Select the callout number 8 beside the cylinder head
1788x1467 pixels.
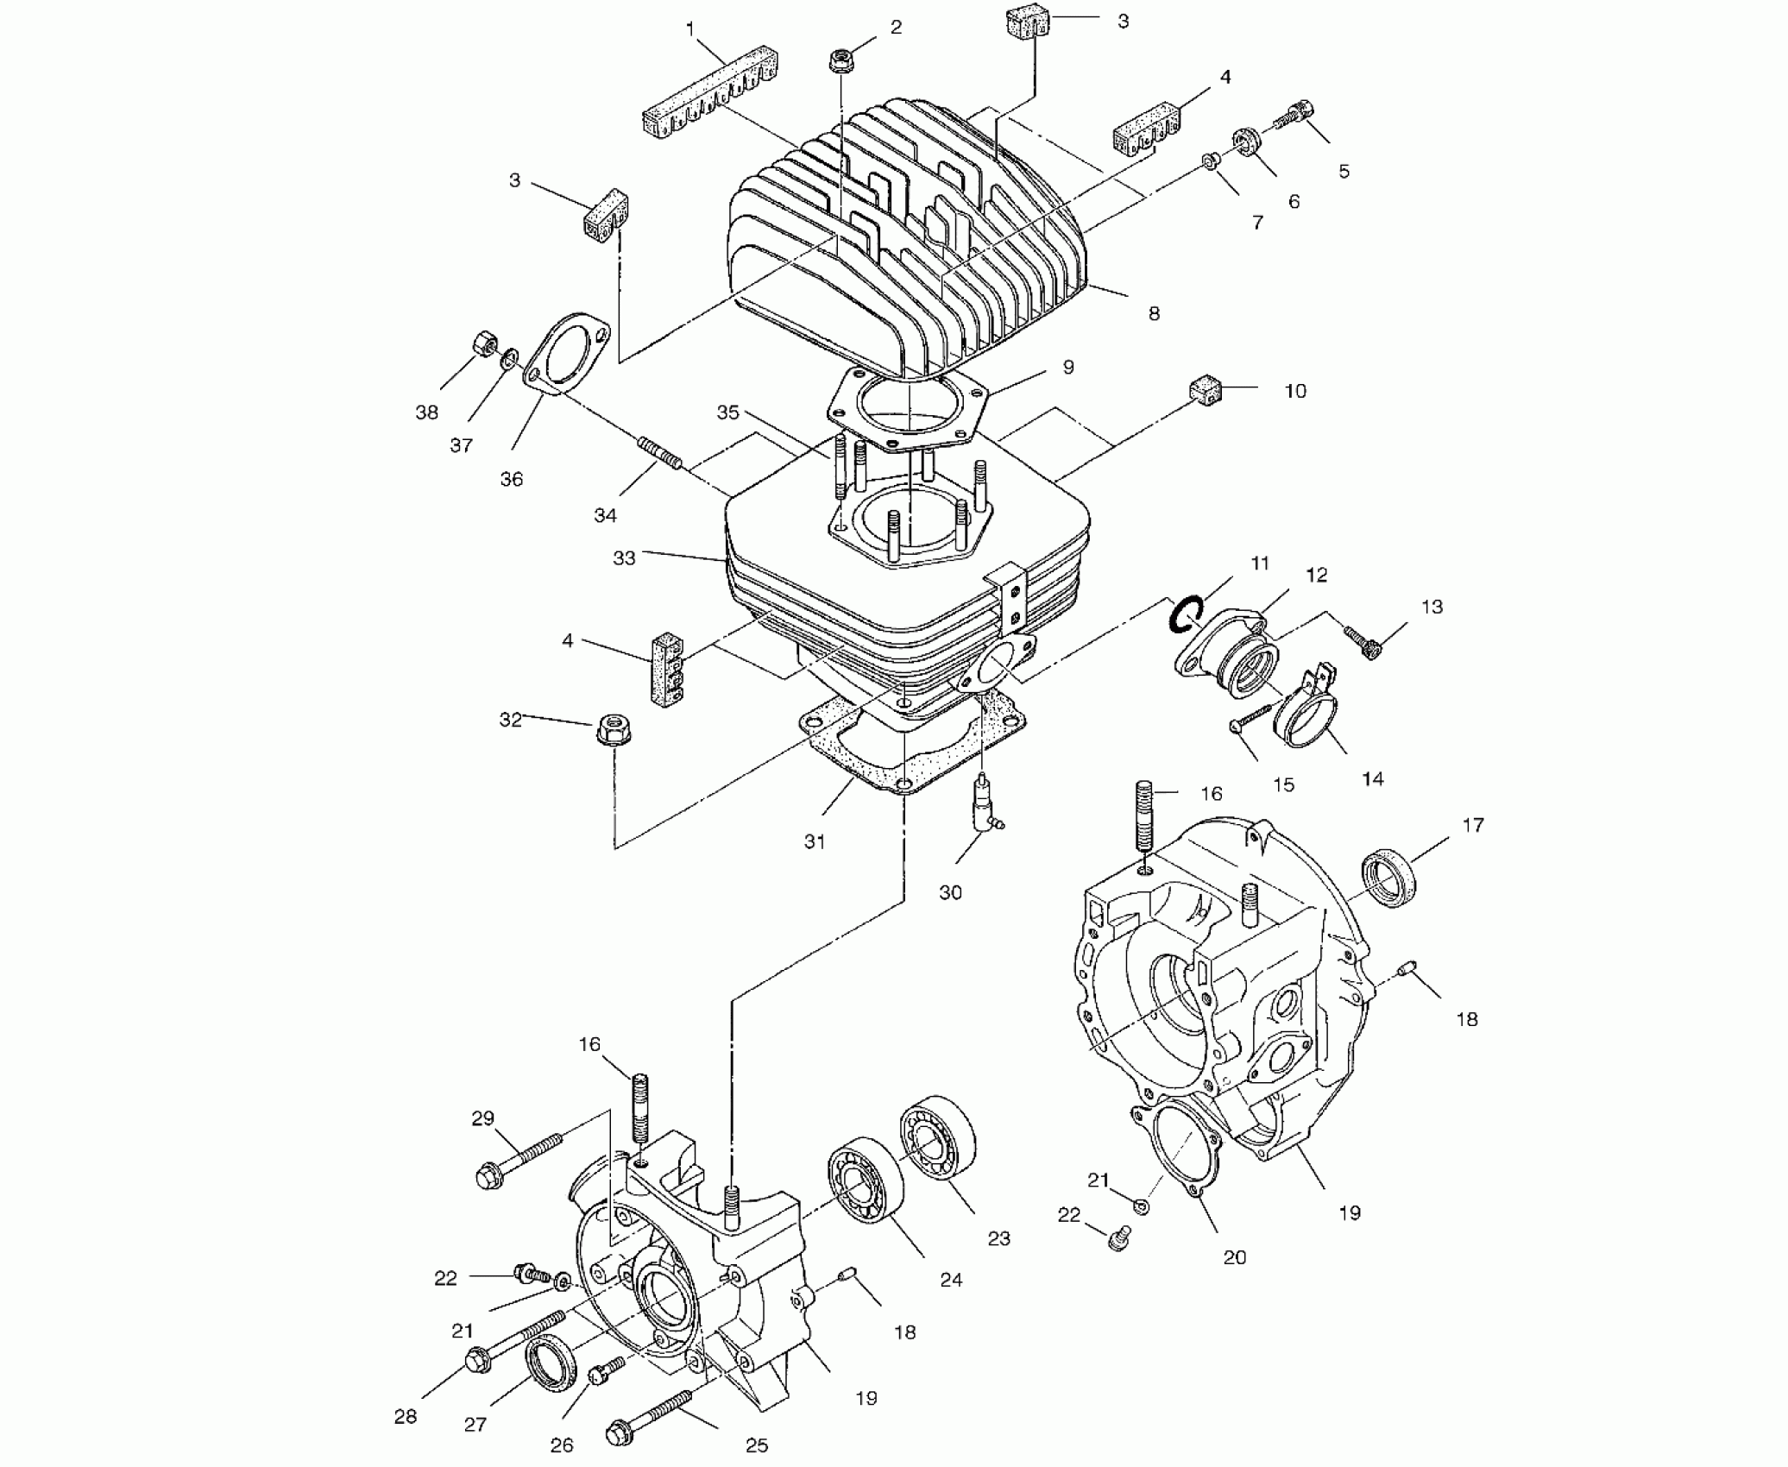[x=1154, y=313]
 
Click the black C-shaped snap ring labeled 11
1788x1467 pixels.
[x=1181, y=613]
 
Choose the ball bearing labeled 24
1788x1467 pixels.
[x=865, y=1185]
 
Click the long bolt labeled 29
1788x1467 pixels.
[x=516, y=1159]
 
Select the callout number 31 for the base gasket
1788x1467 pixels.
[x=815, y=841]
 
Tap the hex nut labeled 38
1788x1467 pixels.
[x=482, y=344]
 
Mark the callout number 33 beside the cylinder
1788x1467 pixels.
[x=623, y=558]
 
